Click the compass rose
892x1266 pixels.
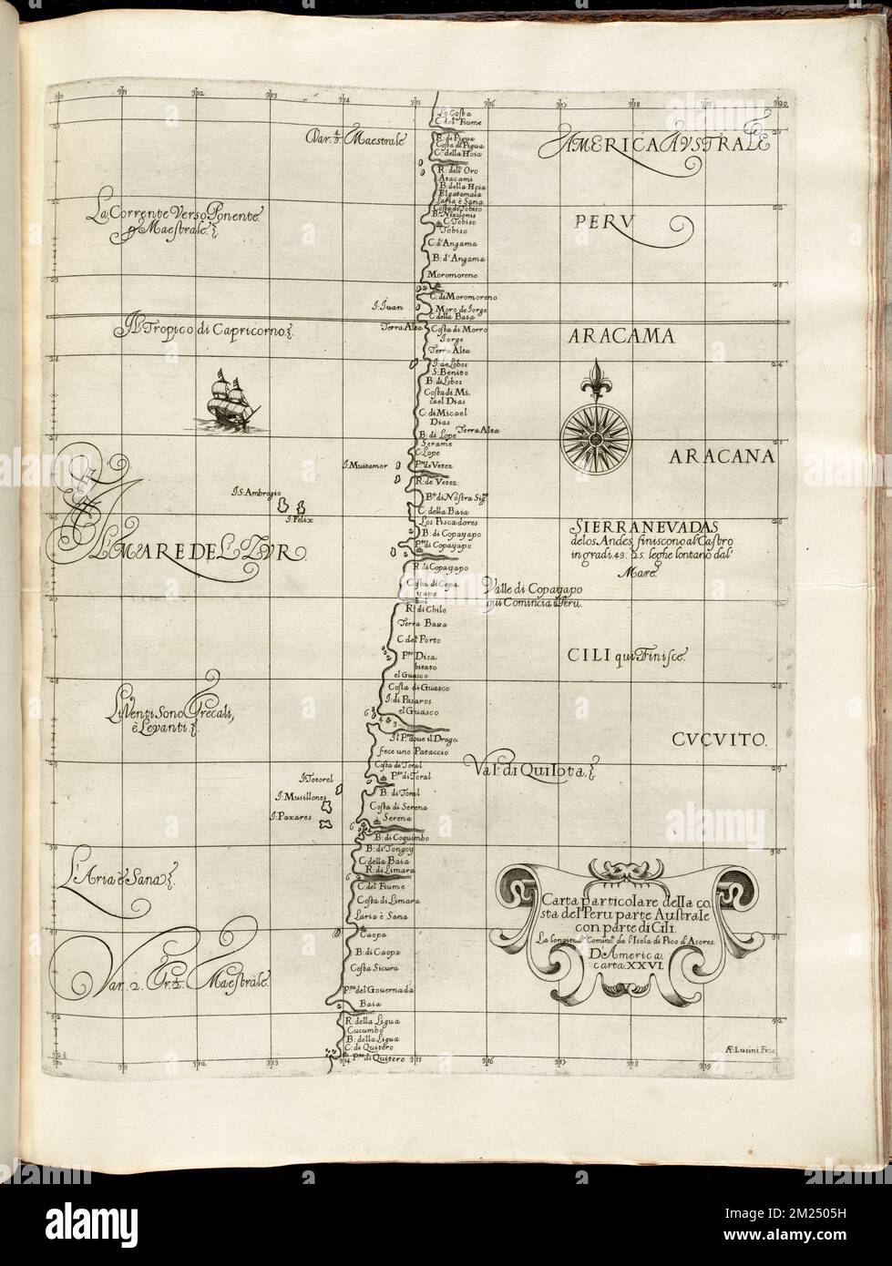[x=592, y=437]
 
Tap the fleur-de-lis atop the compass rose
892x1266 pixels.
[x=593, y=377]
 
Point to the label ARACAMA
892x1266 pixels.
[x=622, y=336]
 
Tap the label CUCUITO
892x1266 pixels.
[x=723, y=740]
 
